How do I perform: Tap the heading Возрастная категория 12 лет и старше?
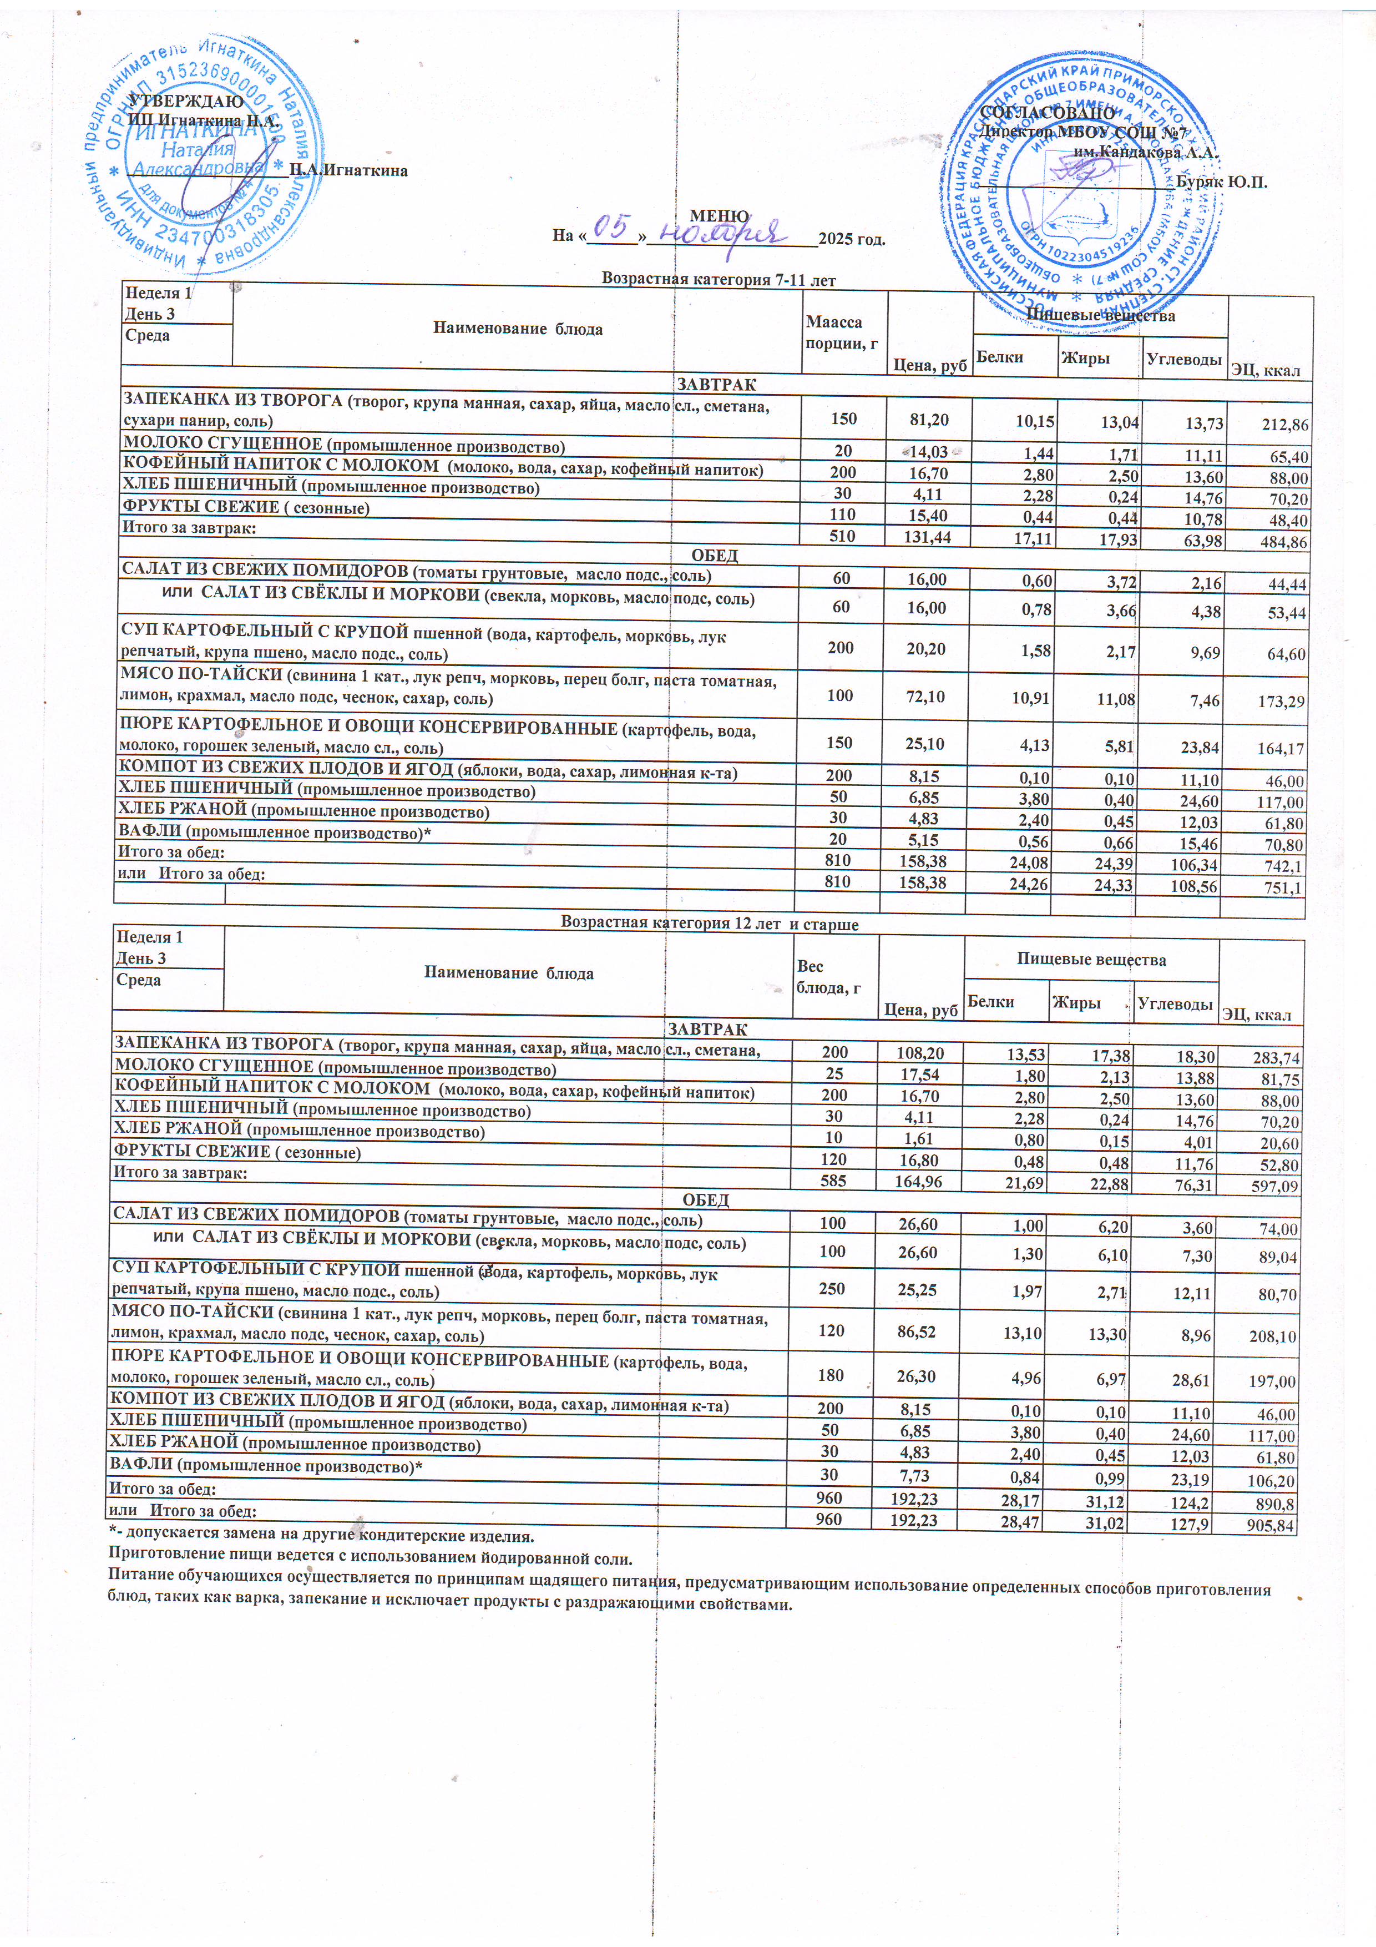click(x=710, y=924)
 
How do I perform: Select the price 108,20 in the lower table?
click(x=920, y=1053)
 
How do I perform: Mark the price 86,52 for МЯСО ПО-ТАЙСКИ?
click(x=920, y=1332)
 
